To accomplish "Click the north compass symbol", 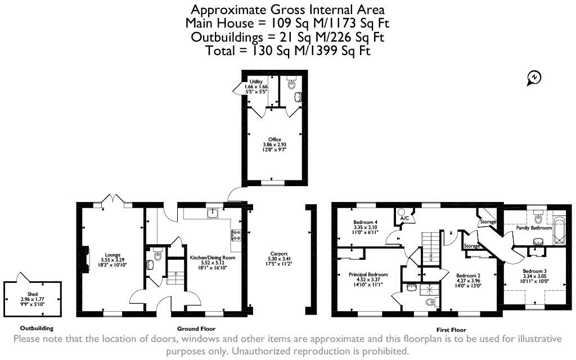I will pos(534,78).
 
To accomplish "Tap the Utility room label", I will pos(256,82).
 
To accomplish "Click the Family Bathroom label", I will pos(534,228).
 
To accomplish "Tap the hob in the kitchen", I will pos(236,235).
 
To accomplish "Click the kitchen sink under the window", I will pos(213,213).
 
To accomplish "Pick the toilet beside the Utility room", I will pos(291,84).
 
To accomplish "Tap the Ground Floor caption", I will pos(196,328).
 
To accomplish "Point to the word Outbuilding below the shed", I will pos(37,328).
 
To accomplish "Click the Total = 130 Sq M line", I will pos(287,51).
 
